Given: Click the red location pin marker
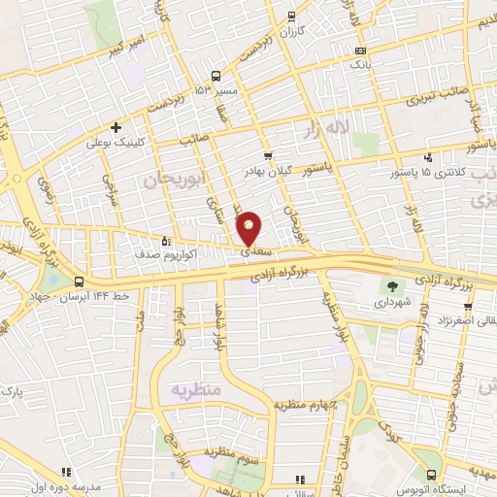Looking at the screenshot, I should point(249,228).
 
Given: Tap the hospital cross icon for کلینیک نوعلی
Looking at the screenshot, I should point(116,127).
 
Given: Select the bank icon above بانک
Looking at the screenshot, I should point(361,50).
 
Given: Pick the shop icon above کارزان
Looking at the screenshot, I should point(291,17).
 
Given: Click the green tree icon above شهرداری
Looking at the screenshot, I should point(393,285).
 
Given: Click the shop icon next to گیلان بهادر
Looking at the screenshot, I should point(268,155).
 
